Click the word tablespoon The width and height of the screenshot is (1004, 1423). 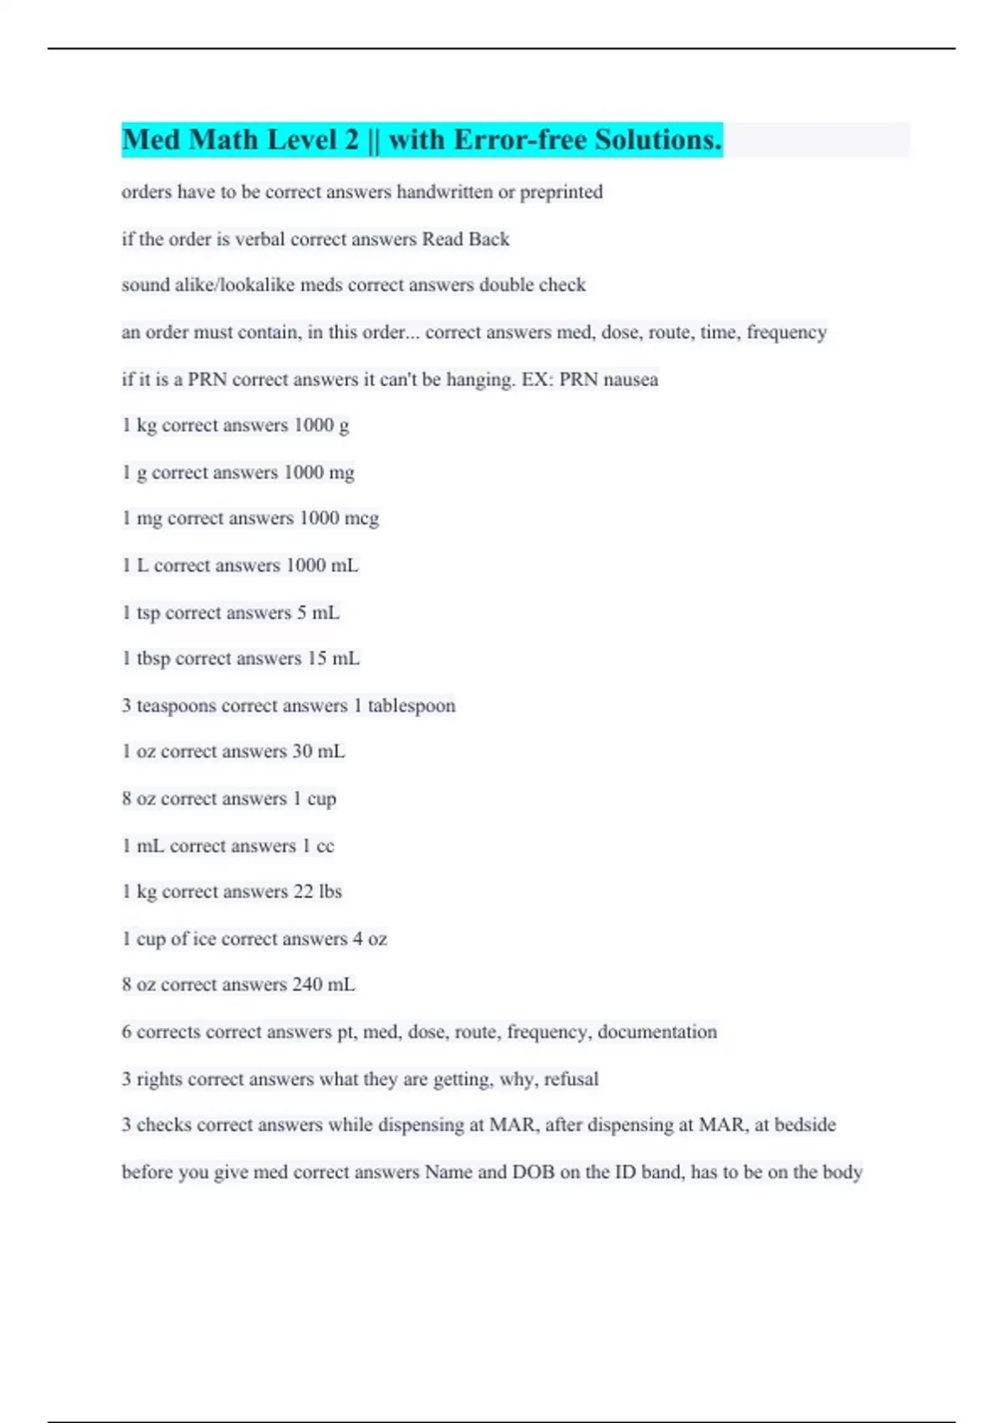(x=412, y=706)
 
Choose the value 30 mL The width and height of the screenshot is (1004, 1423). (x=318, y=752)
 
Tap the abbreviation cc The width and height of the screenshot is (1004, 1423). (x=325, y=846)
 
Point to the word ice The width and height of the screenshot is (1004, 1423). (x=204, y=939)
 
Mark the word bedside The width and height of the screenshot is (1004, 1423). (x=805, y=1125)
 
